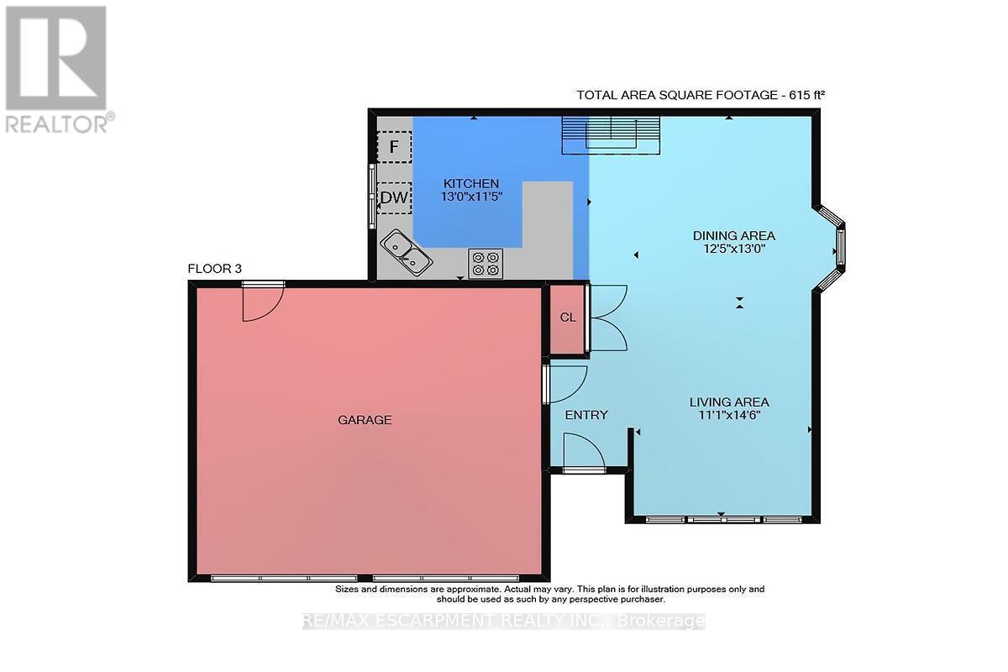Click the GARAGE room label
pos(365,420)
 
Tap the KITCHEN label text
pos(471,184)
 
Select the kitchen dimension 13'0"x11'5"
pos(471,197)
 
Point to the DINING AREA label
pos(734,235)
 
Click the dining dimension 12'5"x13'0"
pos(734,249)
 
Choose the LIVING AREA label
pos(729,402)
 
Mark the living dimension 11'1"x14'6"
pos(729,415)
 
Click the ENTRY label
pos(586,415)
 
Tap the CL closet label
pos(568,318)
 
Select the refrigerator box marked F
pos(394,147)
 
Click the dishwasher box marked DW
pos(394,197)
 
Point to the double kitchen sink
pos(407,253)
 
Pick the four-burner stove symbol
pos(486,264)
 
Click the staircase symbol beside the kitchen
pos(612,135)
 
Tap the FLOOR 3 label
pos(215,269)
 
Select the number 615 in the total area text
pos(799,96)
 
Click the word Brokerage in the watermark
pos(660,621)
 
